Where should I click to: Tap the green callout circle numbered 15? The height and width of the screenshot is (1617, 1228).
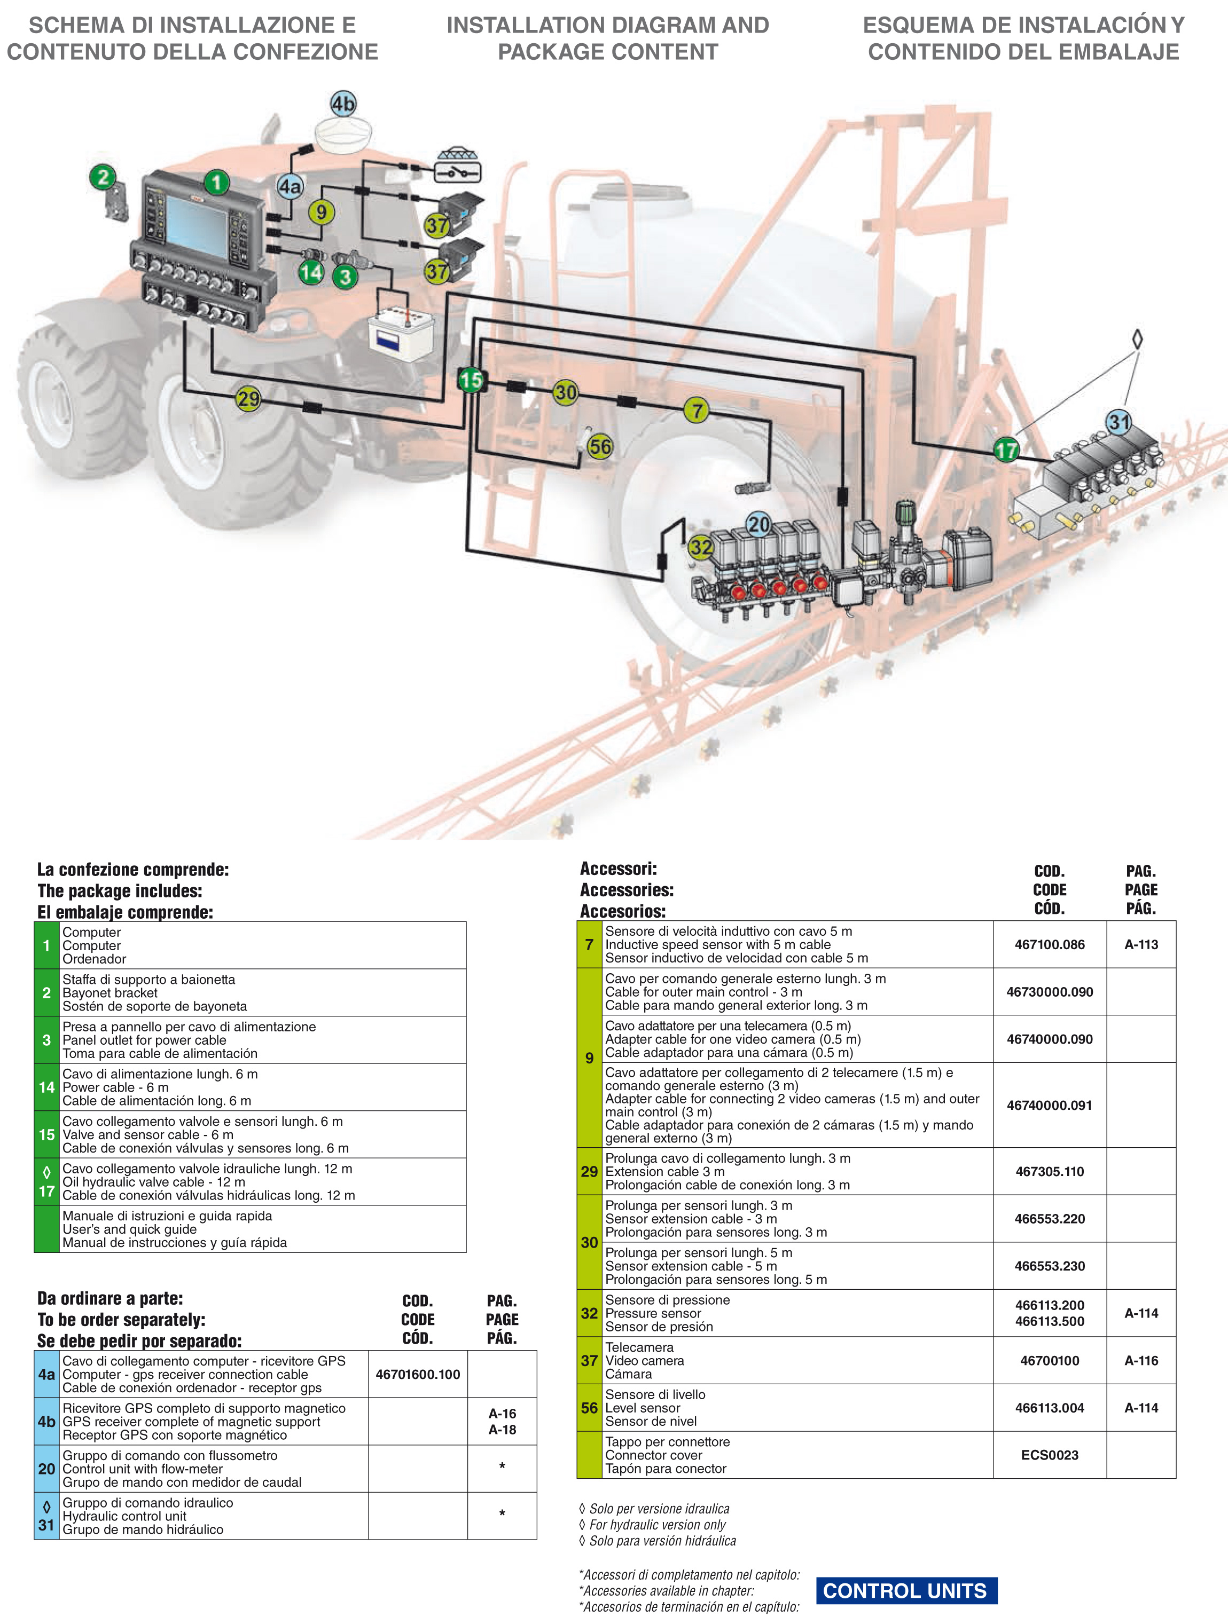pyautogui.click(x=471, y=380)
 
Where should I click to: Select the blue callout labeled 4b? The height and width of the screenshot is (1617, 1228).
pyautogui.click(x=342, y=104)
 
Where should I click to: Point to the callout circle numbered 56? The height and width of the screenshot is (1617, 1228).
pyautogui.click(x=600, y=446)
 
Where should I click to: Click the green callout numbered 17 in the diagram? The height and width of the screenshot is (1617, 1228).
pyautogui.click(x=1006, y=449)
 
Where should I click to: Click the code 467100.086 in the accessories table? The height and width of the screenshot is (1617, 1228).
pyautogui.click(x=1049, y=944)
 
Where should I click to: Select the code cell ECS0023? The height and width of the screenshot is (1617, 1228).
pyautogui.click(x=1049, y=1455)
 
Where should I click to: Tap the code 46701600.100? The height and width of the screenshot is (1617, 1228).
pyautogui.click(x=418, y=1374)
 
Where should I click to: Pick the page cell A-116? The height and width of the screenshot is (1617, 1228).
pyautogui.click(x=1141, y=1360)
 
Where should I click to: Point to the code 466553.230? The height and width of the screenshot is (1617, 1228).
pyautogui.click(x=1049, y=1266)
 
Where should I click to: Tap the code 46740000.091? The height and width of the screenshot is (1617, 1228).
pyautogui.click(x=1049, y=1105)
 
